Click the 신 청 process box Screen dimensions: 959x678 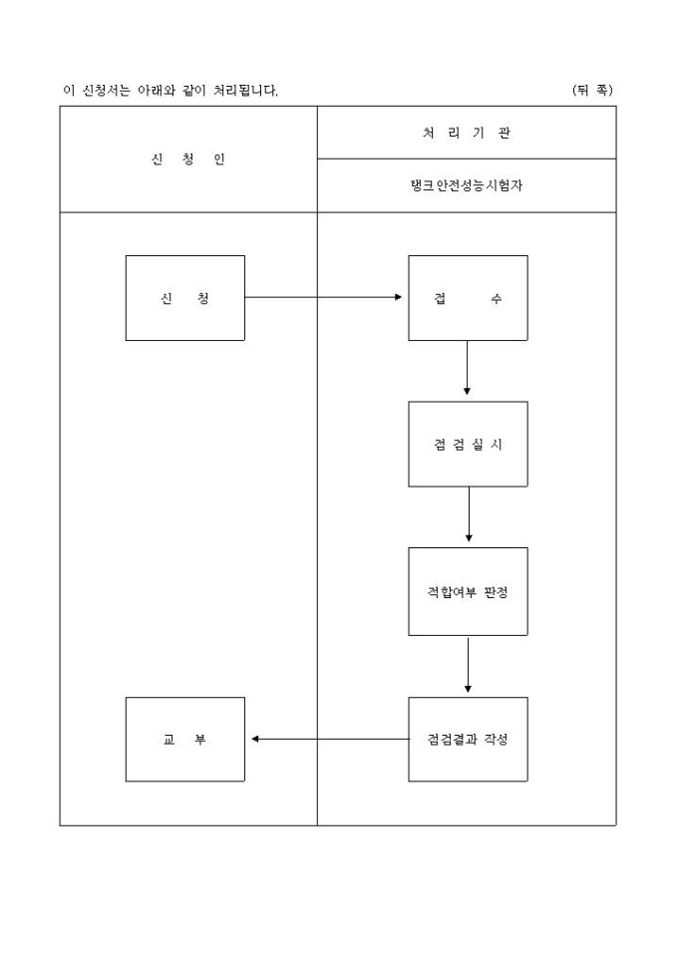click(184, 298)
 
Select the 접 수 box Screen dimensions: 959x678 click(468, 298)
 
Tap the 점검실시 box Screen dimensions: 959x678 click(468, 444)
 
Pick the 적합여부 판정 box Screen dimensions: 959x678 click(468, 591)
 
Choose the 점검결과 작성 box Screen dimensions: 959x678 click(468, 739)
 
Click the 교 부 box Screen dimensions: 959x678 click(184, 739)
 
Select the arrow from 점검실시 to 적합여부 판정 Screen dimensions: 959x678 click(468, 516)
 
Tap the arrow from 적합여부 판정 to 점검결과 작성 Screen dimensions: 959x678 click(468, 665)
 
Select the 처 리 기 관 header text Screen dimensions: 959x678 click(467, 133)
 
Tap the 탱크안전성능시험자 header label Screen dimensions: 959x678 click(467, 185)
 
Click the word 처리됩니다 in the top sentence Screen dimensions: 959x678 click(245, 91)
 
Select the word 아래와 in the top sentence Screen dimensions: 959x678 click(158, 91)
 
